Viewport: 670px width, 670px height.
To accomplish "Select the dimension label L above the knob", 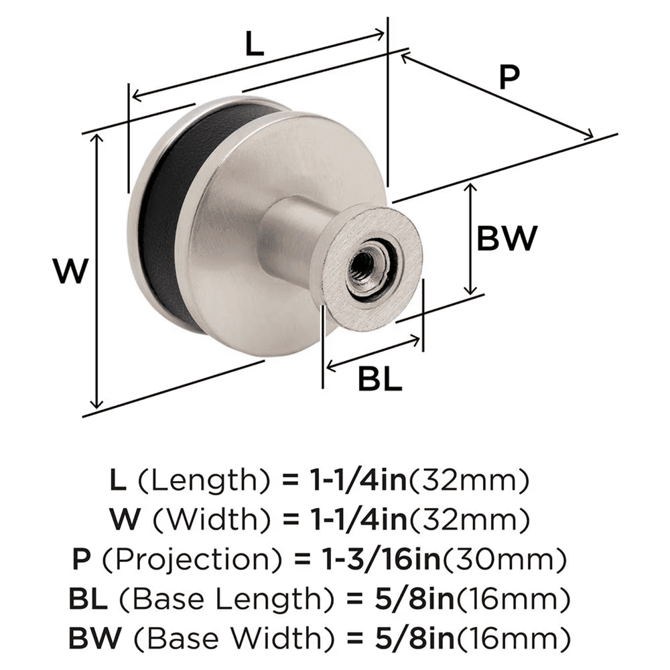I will click(x=255, y=46).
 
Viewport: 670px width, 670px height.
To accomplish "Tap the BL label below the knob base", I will click(x=379, y=381).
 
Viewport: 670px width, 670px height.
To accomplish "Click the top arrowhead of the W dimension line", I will click(x=98, y=137).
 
